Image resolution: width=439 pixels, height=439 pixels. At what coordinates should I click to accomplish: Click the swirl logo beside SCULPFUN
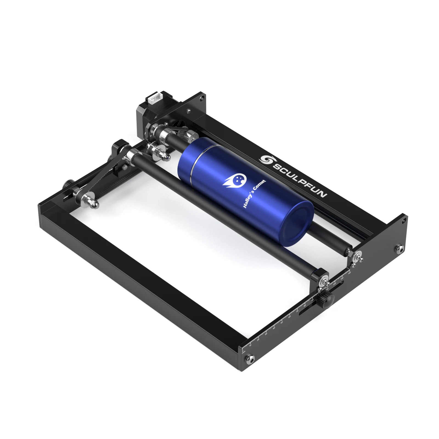(x=265, y=159)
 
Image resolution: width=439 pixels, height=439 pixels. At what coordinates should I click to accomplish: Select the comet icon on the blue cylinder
(x=236, y=181)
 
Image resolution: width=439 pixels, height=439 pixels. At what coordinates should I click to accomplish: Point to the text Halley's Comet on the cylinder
(x=254, y=193)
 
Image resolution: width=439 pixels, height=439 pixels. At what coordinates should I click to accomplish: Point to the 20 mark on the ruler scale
(x=258, y=340)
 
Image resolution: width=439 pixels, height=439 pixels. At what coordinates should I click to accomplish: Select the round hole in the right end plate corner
(x=404, y=220)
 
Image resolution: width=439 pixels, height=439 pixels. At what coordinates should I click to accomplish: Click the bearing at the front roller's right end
(x=323, y=282)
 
